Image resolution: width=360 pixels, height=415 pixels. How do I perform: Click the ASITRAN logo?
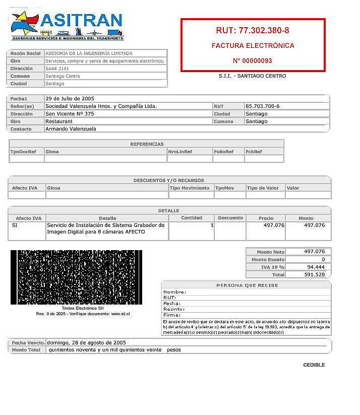(67, 25)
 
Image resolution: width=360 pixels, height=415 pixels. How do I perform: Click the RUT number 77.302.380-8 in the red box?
(253, 30)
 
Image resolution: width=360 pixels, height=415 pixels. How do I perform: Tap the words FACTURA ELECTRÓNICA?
(253, 46)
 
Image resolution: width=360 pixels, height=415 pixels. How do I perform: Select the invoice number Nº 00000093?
(253, 61)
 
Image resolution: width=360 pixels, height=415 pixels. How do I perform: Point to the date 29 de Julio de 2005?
(70, 98)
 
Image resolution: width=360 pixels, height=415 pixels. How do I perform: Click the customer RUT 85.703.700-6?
(262, 106)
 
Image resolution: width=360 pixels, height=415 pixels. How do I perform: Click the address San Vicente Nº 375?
(70, 114)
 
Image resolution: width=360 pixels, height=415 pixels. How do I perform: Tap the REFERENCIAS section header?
(147, 144)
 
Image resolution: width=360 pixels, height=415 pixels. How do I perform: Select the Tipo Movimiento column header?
(190, 188)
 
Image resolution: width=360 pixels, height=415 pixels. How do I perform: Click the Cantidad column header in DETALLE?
(192, 218)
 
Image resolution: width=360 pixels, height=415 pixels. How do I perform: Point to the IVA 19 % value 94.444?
(316, 267)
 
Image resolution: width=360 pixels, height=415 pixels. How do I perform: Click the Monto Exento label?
(268, 260)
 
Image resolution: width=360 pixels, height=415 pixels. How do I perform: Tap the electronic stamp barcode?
(76, 277)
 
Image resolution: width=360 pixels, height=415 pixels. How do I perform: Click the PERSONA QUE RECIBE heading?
(247, 285)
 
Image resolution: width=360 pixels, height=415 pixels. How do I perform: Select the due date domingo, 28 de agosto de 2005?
(86, 342)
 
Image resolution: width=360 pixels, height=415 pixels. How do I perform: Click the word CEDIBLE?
(314, 365)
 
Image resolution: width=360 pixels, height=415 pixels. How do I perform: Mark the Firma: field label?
(172, 315)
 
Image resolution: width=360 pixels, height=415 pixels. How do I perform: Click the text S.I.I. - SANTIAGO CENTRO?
(252, 76)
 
